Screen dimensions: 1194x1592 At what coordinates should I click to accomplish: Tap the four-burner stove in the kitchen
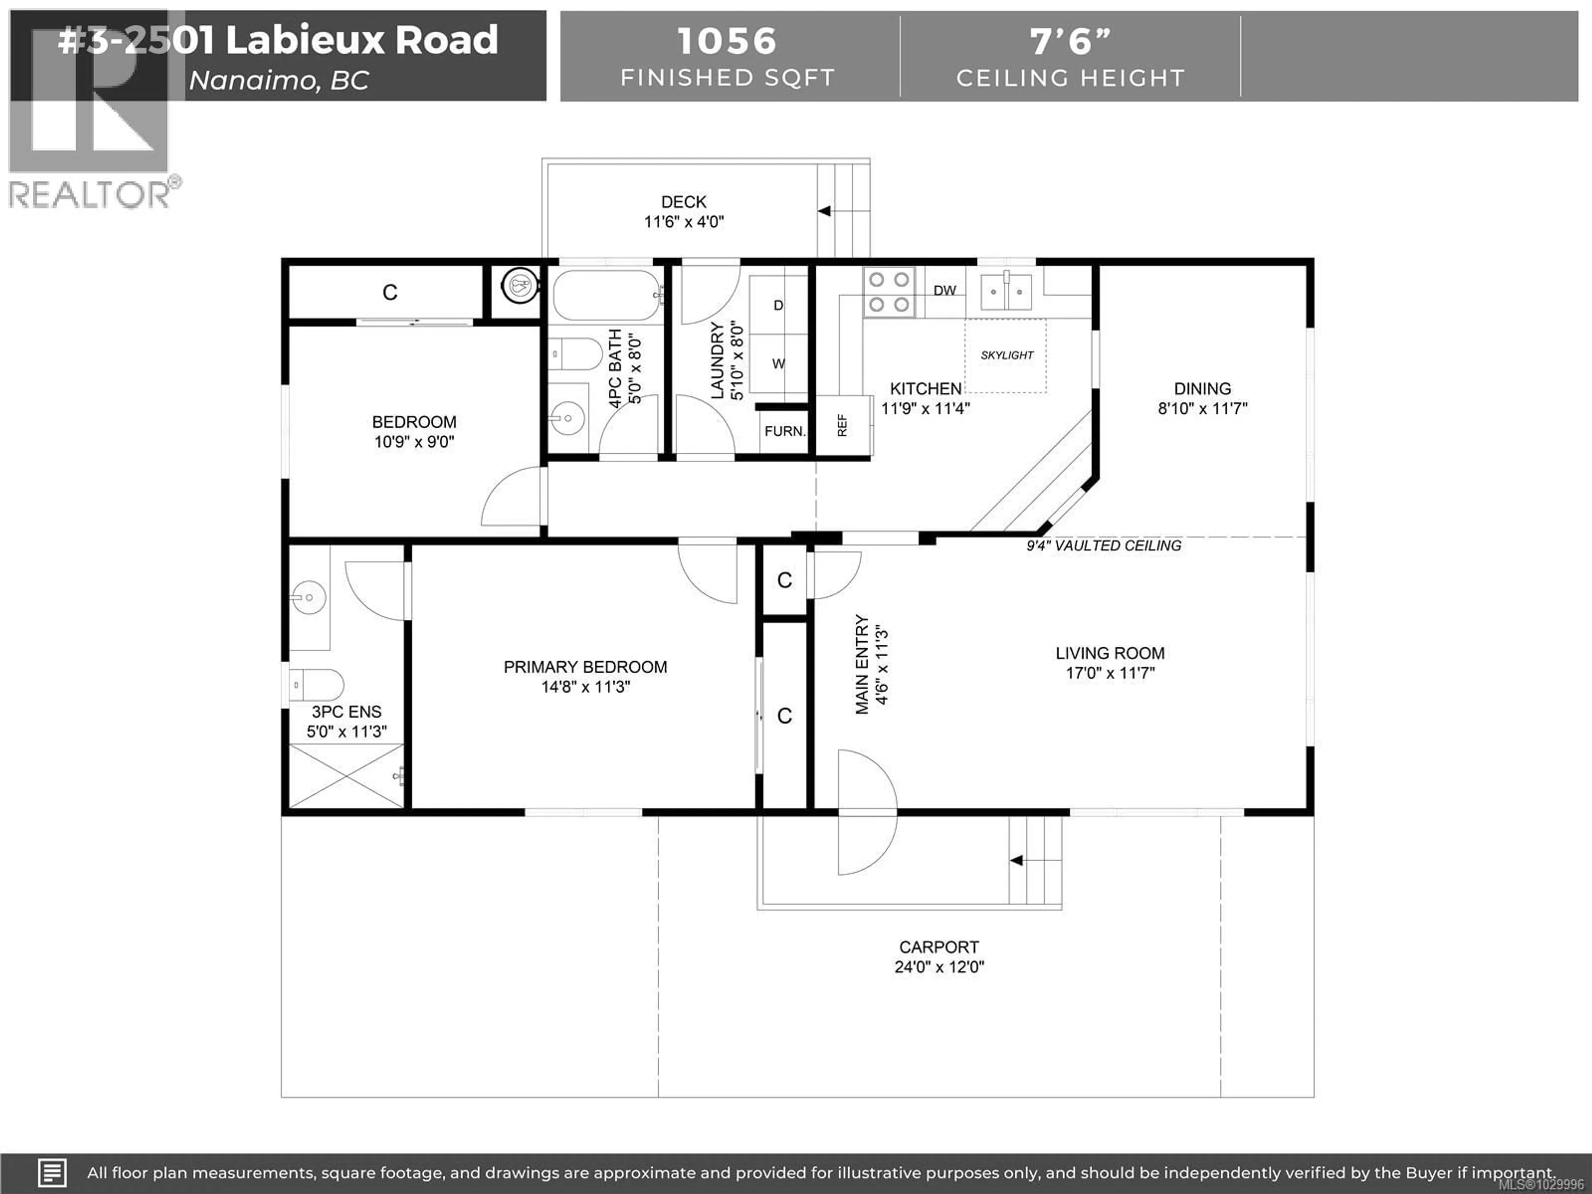pyautogui.click(x=889, y=292)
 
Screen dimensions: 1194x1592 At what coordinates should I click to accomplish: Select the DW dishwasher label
pyautogui.click(x=944, y=290)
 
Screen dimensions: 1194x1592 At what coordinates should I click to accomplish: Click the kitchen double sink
pyautogui.click(x=1006, y=291)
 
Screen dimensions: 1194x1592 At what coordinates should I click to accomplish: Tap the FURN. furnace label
pyautogui.click(x=784, y=431)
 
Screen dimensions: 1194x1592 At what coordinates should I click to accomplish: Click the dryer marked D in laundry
pyautogui.click(x=778, y=305)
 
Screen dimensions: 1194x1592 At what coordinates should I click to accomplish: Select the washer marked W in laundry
pyautogui.click(x=778, y=364)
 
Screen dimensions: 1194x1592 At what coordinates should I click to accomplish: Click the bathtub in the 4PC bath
pyautogui.click(x=606, y=295)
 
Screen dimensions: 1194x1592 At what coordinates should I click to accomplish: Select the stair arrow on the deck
pyautogui.click(x=825, y=211)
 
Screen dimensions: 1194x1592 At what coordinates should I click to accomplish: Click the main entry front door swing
pyautogui.click(x=867, y=812)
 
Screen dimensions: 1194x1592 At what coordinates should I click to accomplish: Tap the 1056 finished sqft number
pyautogui.click(x=727, y=41)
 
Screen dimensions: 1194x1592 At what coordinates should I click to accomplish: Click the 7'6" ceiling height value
pyautogui.click(x=1070, y=41)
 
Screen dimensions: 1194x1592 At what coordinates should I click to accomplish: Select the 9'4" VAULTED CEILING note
pyautogui.click(x=1103, y=546)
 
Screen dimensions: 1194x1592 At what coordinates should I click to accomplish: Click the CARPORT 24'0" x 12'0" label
pyautogui.click(x=939, y=956)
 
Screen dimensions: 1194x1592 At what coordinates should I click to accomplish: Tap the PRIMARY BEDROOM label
pyautogui.click(x=585, y=667)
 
